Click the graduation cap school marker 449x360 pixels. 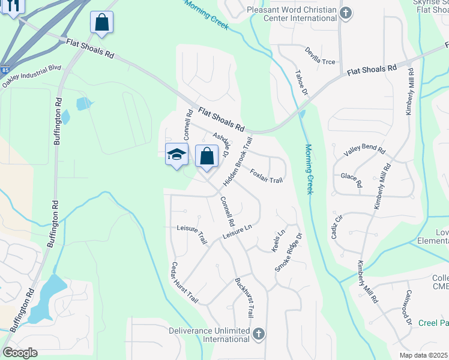pos(176,155)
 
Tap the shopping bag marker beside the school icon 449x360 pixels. pos(206,156)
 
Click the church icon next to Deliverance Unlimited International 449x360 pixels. pos(259,334)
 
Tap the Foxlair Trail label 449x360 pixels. pos(266,176)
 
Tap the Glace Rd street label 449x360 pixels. pos(352,181)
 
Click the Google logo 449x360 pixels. pos(20,353)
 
